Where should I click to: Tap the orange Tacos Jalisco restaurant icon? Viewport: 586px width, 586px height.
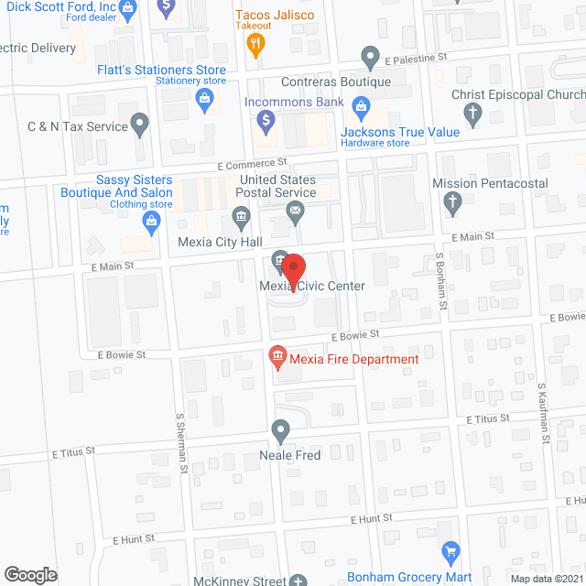259,40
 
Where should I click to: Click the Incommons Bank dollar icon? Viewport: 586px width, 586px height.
266,119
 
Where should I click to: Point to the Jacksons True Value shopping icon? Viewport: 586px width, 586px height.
362,111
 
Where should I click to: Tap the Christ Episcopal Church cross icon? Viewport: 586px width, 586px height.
472,114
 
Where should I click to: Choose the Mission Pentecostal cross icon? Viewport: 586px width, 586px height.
452,202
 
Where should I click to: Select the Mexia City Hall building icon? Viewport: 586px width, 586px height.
241,217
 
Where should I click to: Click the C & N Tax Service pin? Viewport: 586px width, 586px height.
140,123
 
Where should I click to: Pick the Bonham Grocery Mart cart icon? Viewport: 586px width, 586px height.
450,553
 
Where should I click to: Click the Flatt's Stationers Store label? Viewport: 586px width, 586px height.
161,70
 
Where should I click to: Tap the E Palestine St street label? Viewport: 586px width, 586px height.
416,57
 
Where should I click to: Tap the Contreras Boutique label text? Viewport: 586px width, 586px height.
347,82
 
